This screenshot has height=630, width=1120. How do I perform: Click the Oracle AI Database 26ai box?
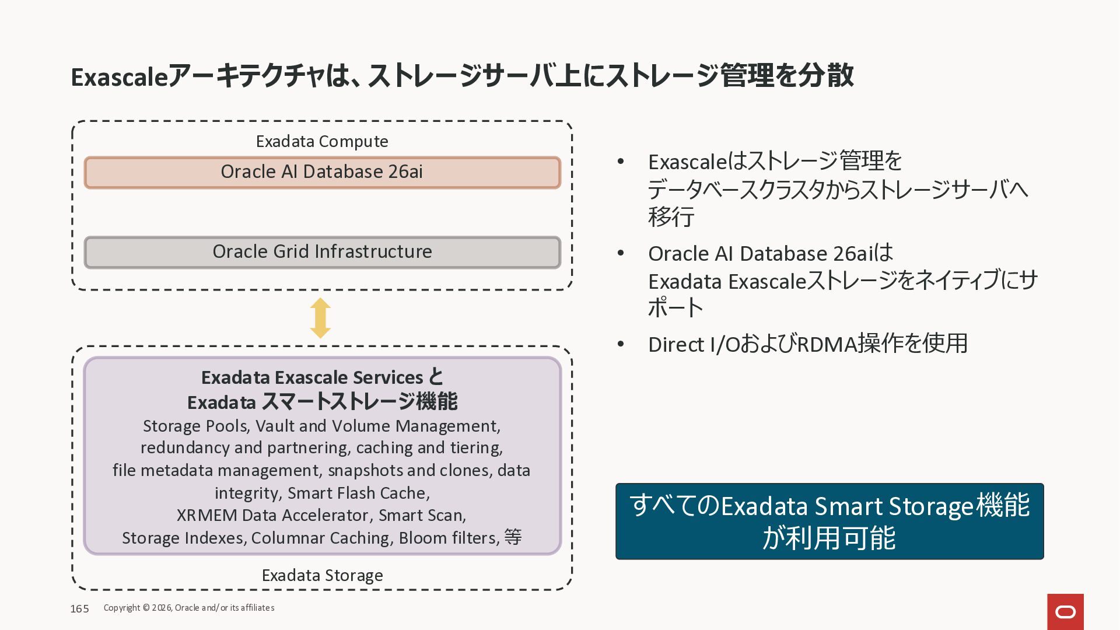[x=322, y=172]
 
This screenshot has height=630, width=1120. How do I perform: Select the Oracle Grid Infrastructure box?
[x=322, y=252]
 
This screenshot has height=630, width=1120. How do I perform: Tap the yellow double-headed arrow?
[x=320, y=318]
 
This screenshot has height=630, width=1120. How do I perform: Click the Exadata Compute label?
[x=322, y=141]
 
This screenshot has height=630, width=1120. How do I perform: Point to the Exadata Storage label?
[x=322, y=575]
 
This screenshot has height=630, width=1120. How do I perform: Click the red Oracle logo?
[x=1065, y=611]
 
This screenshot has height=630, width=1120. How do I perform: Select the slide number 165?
[x=79, y=608]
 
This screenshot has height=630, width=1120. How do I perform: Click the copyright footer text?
[x=189, y=608]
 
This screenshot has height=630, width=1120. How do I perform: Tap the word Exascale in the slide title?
[x=119, y=77]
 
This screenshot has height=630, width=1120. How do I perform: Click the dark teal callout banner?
[x=829, y=521]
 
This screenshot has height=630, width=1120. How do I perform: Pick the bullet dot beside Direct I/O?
[x=621, y=344]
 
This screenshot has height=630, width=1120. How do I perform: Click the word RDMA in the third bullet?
[x=827, y=344]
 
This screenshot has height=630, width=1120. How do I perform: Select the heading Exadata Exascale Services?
[x=312, y=377]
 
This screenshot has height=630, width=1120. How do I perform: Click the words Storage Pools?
[x=195, y=426]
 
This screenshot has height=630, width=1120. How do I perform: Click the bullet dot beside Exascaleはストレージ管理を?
[x=621, y=161]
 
